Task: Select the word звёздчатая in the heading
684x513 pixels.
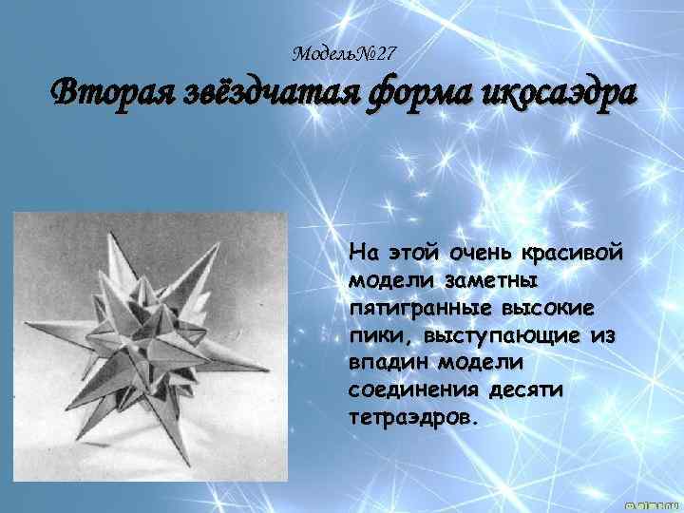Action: click(x=270, y=96)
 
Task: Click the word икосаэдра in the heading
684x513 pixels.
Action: click(x=558, y=96)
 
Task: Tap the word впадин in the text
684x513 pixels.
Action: click(x=386, y=364)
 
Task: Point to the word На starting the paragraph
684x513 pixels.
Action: click(x=361, y=254)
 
